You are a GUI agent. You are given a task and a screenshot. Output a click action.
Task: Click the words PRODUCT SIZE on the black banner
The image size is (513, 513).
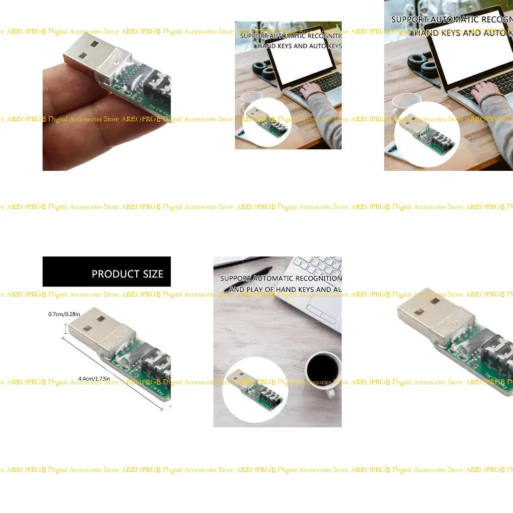pos(127,274)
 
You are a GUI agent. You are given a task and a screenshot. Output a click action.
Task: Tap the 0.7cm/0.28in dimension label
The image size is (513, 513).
pos(64,314)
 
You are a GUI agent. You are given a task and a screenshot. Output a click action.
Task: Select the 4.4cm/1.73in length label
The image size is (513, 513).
pos(94,378)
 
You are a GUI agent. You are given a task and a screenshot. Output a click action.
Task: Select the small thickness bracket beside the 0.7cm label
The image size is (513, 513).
pos(66,328)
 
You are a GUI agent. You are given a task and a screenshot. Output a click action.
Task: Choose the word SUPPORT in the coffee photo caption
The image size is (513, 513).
pos(236,279)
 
